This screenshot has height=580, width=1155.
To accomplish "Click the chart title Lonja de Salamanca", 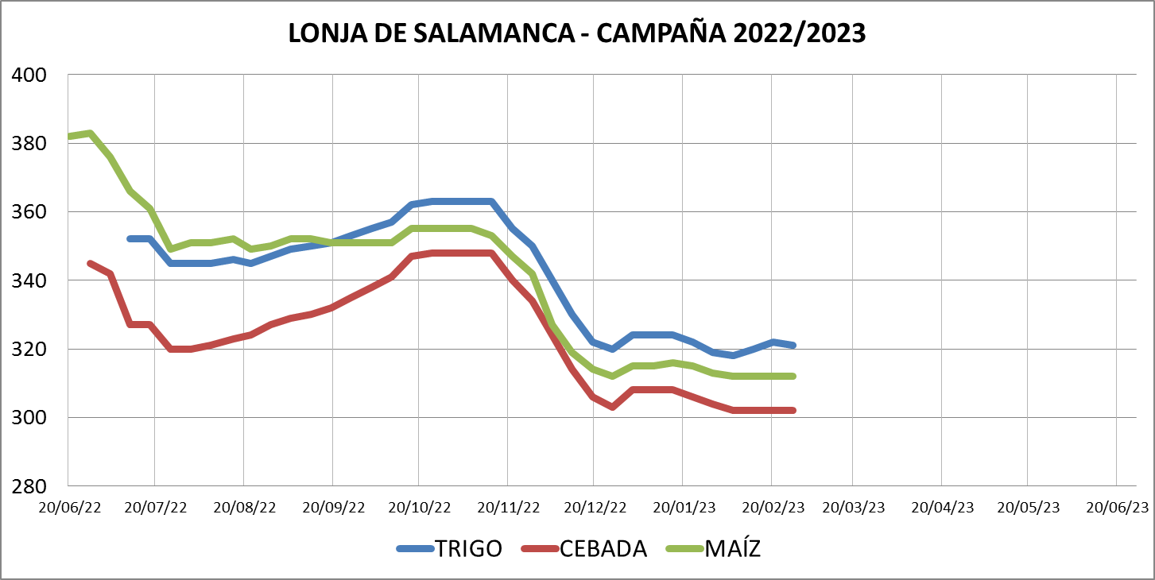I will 576,33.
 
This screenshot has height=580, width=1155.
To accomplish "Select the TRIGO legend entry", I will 468,548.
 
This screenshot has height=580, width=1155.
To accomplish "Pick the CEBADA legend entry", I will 603,548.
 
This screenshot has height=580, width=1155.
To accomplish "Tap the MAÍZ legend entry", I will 732,548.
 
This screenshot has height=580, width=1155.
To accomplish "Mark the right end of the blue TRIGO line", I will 793,345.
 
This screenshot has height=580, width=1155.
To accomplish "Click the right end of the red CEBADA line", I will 793,410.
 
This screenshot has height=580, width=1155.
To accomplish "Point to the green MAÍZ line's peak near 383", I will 91,133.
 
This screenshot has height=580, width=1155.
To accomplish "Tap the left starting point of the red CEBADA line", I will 89,263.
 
